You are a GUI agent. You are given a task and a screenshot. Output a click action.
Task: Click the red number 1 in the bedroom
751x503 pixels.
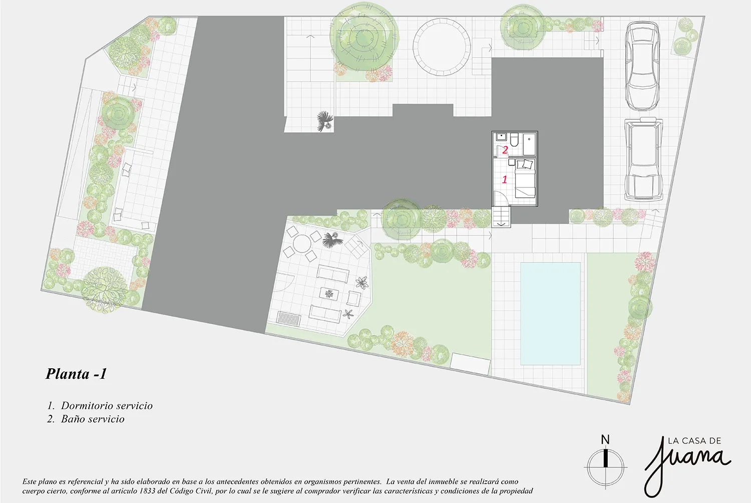[505, 179]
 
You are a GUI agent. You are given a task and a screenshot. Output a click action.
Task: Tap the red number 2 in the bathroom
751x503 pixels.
[505, 150]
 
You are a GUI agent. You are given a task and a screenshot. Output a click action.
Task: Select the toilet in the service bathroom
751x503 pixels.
[514, 139]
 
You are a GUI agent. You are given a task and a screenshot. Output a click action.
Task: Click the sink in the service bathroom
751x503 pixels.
[501, 137]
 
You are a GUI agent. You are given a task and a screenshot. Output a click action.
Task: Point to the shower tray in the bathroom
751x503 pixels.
[529, 144]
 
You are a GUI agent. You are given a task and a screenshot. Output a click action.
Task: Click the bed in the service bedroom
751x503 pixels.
[525, 179]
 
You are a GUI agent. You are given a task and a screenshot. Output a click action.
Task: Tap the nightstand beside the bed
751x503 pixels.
[512, 162]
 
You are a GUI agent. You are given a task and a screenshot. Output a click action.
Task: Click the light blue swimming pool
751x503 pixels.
[550, 314]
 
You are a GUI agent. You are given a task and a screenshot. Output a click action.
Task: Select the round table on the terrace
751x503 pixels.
[302, 244]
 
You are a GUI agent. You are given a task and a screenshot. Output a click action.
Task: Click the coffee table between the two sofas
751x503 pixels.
[329, 294]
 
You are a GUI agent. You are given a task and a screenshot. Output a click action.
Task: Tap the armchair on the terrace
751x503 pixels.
[353, 298]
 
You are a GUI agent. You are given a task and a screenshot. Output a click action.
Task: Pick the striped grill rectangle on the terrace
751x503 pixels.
[289, 318]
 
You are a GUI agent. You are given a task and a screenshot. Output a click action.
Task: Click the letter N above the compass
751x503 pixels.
[605, 439]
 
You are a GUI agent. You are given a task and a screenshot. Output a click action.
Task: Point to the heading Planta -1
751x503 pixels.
[76, 374]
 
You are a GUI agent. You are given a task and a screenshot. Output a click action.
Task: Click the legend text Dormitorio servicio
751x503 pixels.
[107, 406]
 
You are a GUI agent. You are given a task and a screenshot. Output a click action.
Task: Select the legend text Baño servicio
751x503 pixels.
[93, 419]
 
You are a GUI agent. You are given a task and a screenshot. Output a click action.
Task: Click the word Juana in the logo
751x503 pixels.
[687, 466]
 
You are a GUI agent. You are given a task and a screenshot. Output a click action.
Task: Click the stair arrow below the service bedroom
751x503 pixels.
[501, 224]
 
